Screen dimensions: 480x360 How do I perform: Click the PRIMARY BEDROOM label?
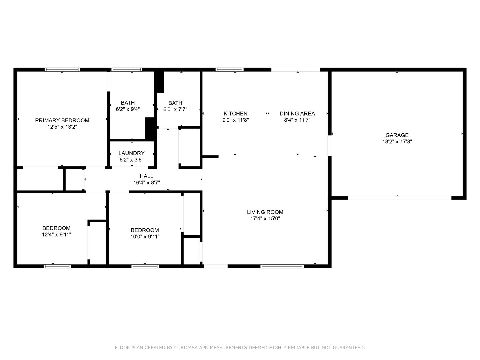tap(62, 120)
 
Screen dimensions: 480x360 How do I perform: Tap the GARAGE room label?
tap(397, 135)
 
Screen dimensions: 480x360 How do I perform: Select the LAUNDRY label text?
tap(131, 153)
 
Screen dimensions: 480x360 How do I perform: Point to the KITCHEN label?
tap(236, 113)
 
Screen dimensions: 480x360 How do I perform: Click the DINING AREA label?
tap(297, 113)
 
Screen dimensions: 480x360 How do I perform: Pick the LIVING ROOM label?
tap(265, 212)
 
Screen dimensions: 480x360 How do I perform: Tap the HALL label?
tap(147, 176)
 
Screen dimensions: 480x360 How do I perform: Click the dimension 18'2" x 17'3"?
tap(397, 141)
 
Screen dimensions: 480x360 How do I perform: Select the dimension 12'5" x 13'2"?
tap(62, 127)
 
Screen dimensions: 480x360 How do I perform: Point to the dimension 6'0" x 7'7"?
tap(175, 109)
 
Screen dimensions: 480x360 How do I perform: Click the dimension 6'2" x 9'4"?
tap(128, 109)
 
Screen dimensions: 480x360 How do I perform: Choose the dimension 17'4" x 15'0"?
tap(265, 218)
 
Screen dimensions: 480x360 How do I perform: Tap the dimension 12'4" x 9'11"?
tap(56, 235)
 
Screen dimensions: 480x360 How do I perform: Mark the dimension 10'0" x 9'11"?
tap(145, 237)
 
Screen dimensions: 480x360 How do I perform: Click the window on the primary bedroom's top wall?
tap(62, 70)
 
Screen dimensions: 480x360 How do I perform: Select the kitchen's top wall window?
tap(229, 70)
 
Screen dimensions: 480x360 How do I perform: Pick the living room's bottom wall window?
tap(282, 266)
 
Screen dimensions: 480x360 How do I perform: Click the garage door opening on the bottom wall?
tap(400, 198)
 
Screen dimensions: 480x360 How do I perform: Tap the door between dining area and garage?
tap(330, 146)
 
